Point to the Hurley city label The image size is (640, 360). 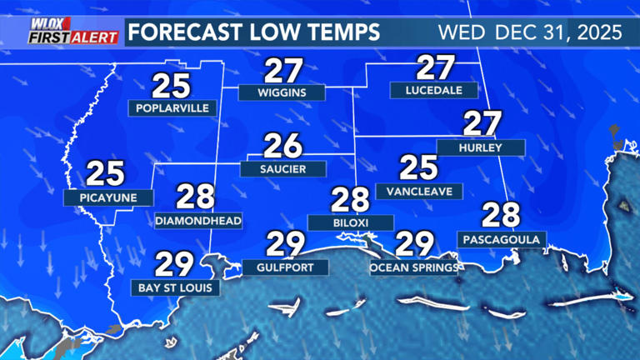pos(492,147)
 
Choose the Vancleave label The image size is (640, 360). pos(419,192)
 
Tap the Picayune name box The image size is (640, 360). pos(109,197)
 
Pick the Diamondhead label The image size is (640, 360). pos(198,221)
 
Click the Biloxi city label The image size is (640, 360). pos(350,222)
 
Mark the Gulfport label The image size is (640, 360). pos(285,267)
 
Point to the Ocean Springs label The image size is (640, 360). pos(414,267)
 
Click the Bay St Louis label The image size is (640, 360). pos(176,288)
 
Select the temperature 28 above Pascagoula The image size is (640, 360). pos(501,216)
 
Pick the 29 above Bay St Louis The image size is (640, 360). pos(175,265)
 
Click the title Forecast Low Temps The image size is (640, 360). pos(255,32)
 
